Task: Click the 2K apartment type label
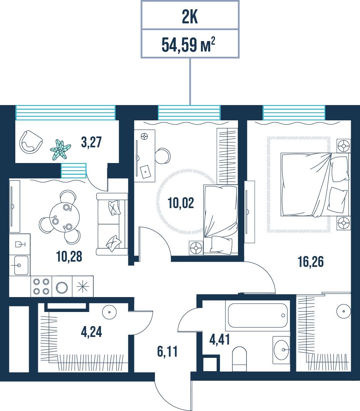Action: (x=190, y=17)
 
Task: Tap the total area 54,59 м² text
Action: (x=188, y=45)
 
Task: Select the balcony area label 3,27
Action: (x=91, y=142)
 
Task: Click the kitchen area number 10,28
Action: (x=69, y=256)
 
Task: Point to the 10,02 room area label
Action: (x=181, y=203)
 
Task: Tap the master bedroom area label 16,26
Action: (x=311, y=262)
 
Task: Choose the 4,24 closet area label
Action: (x=91, y=332)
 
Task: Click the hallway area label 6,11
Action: (x=167, y=351)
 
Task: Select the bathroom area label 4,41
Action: (x=220, y=339)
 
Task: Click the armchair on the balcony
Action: (x=31, y=143)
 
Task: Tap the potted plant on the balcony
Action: (x=60, y=149)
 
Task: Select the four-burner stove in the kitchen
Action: (x=41, y=286)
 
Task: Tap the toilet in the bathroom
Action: (x=240, y=359)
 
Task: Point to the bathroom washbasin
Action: (x=281, y=350)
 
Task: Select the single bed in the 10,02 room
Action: (x=221, y=220)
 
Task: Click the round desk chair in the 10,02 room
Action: (x=163, y=156)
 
